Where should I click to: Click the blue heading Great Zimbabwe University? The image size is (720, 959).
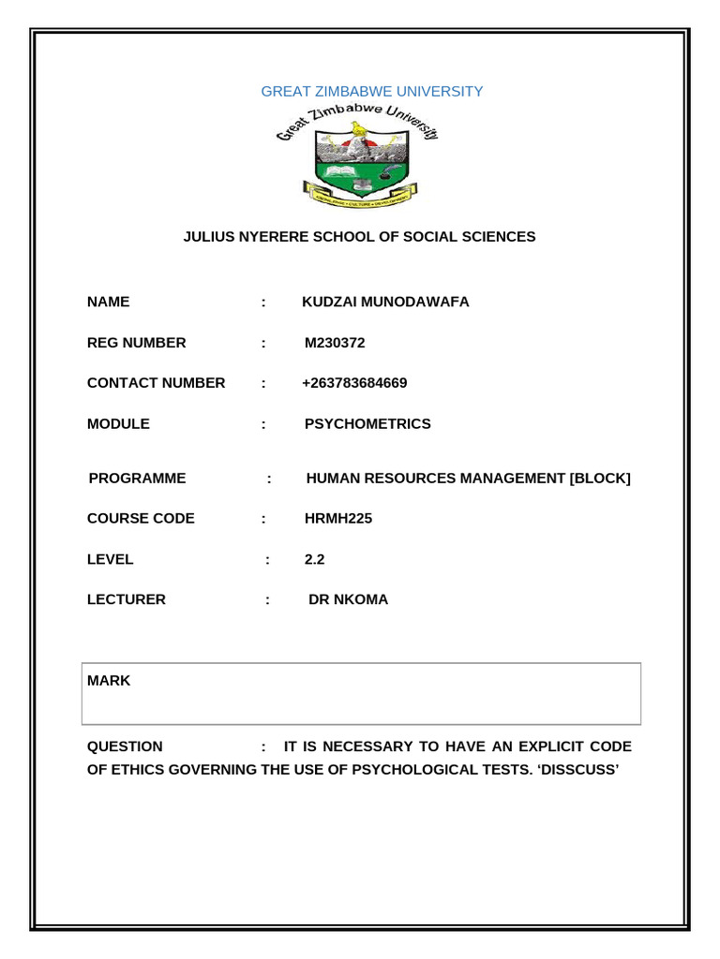point(372,92)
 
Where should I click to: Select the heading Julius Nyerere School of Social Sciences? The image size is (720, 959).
point(359,237)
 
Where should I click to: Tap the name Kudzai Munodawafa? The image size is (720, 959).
point(385,302)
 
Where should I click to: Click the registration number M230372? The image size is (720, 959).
point(335,343)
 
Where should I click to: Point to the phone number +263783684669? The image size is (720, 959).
point(355,383)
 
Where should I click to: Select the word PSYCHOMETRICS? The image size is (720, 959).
point(367,424)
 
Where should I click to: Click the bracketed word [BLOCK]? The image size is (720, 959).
point(600,479)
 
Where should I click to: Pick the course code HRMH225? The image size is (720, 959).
point(338,519)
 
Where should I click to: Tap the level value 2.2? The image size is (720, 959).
point(314,559)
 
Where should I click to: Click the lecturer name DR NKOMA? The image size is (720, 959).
point(348,599)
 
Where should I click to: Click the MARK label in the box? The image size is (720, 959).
point(109,681)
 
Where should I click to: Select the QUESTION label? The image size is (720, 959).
point(125,746)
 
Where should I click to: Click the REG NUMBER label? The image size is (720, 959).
point(137,343)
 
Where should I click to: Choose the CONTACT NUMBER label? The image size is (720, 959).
point(157,383)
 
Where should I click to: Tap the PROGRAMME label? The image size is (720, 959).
point(138,479)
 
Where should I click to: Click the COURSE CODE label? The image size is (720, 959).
point(142,519)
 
